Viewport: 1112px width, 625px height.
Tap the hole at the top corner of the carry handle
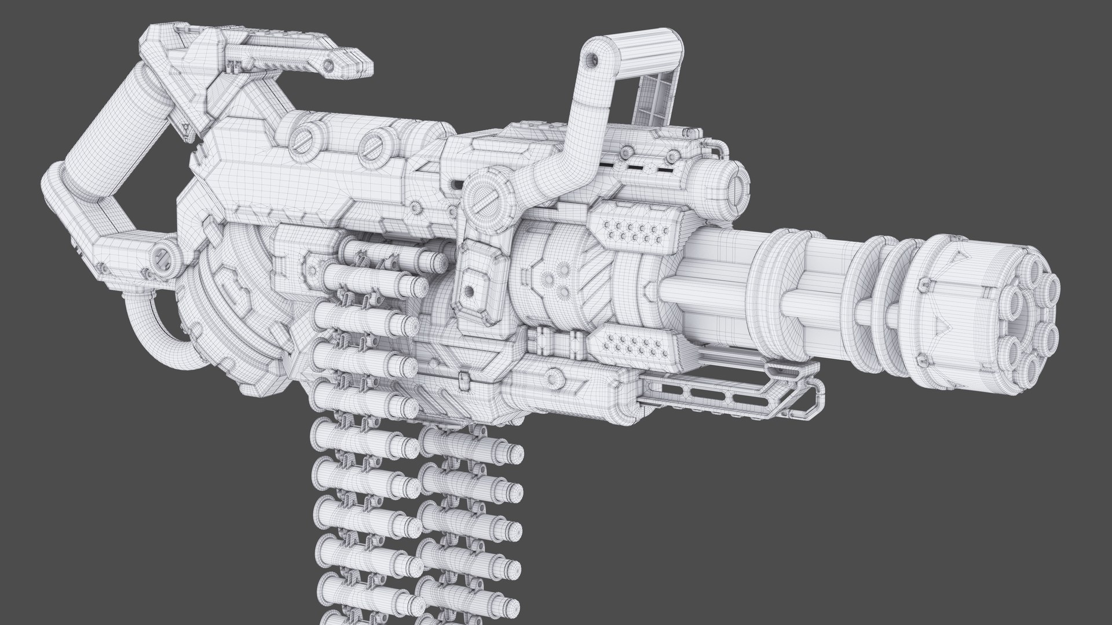(x=592, y=59)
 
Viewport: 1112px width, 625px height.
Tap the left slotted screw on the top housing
(x=301, y=142)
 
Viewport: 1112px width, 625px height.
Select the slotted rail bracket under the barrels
(x=730, y=393)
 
